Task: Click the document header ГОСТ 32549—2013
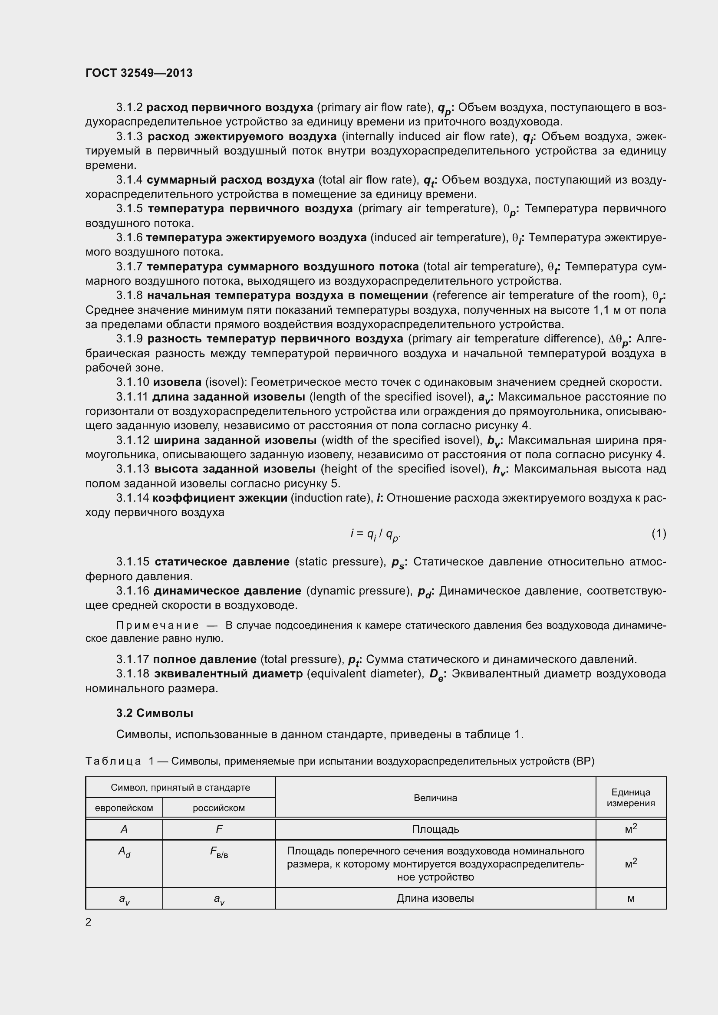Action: (139, 73)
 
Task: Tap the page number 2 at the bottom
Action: (89, 922)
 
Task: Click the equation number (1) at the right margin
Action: (659, 534)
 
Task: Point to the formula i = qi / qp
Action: (375, 535)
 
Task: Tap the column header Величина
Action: (435, 798)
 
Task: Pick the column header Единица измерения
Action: (630, 798)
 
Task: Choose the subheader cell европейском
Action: (124, 808)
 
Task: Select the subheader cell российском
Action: (218, 808)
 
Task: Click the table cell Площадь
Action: (435, 829)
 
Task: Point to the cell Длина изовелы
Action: (435, 898)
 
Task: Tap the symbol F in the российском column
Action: (219, 829)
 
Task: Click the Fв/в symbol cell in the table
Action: (219, 852)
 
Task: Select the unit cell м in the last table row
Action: (630, 898)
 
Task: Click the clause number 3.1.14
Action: (133, 498)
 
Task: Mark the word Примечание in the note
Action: (157, 626)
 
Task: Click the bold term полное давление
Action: (204, 659)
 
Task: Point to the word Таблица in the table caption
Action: (113, 761)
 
